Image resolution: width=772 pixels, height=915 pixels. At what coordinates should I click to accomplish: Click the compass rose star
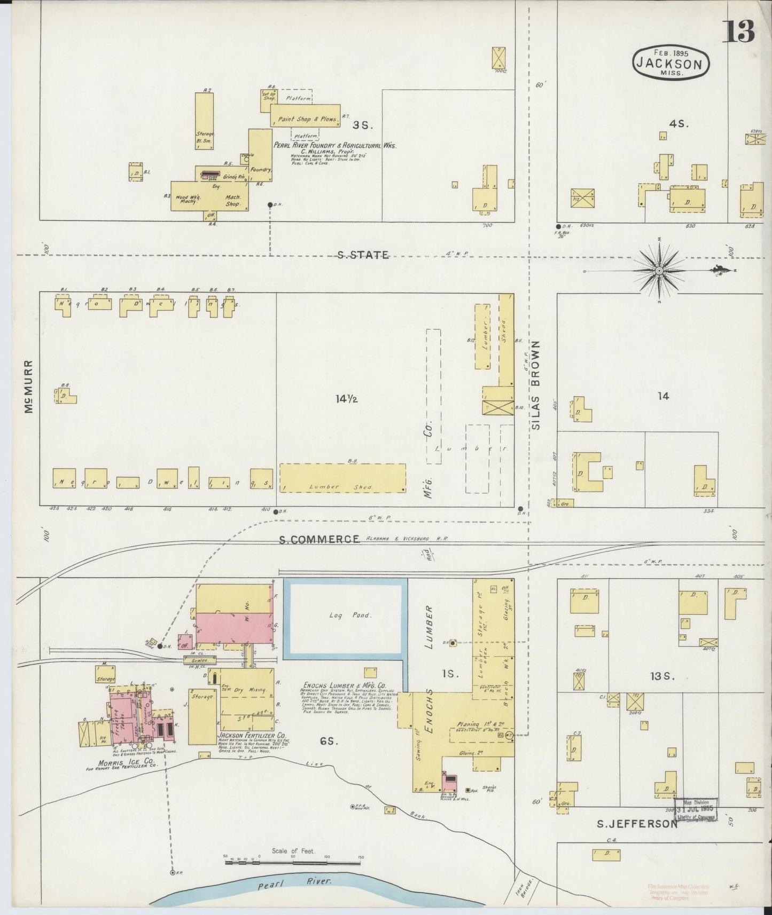click(659, 271)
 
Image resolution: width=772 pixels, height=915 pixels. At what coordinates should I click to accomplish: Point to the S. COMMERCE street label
click(319, 539)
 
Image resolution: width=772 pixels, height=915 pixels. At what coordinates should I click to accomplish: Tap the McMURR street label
click(28, 386)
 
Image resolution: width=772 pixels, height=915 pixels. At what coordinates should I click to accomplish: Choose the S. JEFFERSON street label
click(637, 824)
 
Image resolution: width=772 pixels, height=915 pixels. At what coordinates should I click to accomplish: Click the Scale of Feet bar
click(293, 862)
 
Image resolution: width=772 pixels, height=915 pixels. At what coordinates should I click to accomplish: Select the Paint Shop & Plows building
click(305, 119)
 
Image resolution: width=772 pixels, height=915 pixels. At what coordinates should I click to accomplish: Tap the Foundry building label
click(261, 169)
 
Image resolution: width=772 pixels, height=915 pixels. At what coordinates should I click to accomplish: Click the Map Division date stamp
click(696, 809)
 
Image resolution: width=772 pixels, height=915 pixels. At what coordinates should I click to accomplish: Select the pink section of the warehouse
click(233, 627)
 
